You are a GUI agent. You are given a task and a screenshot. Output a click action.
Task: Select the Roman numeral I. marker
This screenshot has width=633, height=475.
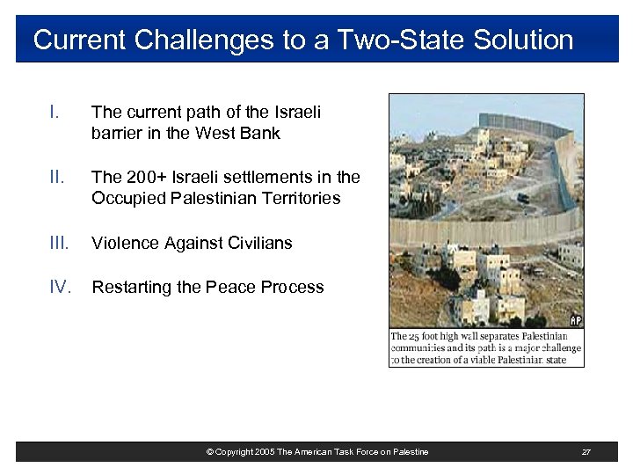point(55,112)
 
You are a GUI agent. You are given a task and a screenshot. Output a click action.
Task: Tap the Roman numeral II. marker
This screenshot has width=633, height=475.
point(57,177)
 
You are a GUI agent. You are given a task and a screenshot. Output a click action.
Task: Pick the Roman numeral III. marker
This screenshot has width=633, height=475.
point(60,243)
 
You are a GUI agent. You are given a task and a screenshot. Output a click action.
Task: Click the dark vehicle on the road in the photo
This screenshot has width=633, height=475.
point(522,198)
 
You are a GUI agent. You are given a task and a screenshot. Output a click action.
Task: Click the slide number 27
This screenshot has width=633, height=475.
point(586,452)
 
